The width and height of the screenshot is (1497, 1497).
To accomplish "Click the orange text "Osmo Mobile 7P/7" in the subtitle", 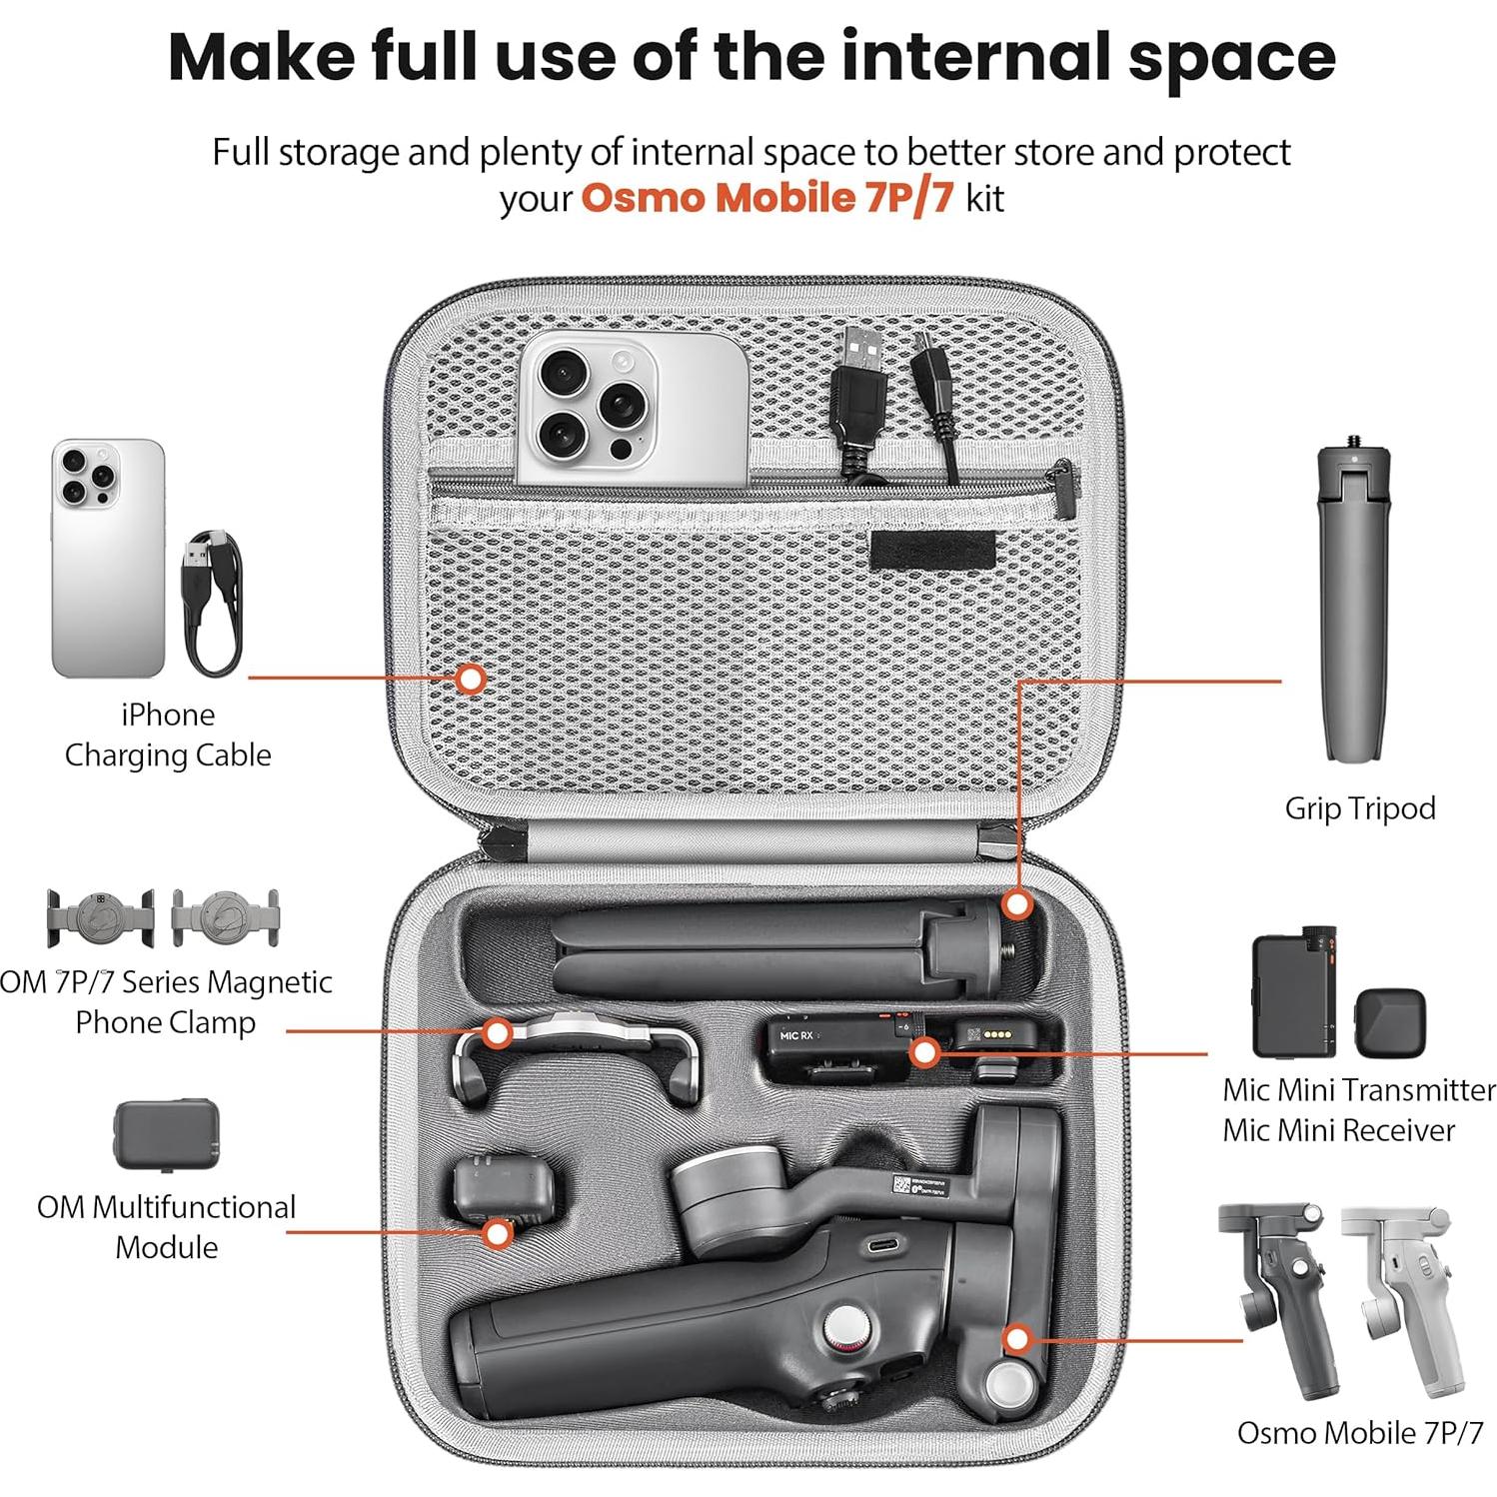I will point(766,198).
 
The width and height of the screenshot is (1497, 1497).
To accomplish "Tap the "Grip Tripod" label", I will point(1359,807).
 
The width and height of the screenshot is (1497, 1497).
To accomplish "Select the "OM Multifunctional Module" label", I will point(166,1226).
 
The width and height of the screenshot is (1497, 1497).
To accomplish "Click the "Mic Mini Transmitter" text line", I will point(1358,1089).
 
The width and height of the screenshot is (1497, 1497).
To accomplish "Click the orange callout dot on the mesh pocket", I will point(470,679).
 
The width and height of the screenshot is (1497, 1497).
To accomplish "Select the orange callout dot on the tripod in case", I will point(1016,905).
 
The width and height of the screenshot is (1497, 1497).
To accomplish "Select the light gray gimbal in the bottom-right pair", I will point(1397,1299).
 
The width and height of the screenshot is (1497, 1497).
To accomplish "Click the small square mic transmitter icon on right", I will point(1389,1019).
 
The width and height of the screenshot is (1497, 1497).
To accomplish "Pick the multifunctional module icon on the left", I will point(166,1134).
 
